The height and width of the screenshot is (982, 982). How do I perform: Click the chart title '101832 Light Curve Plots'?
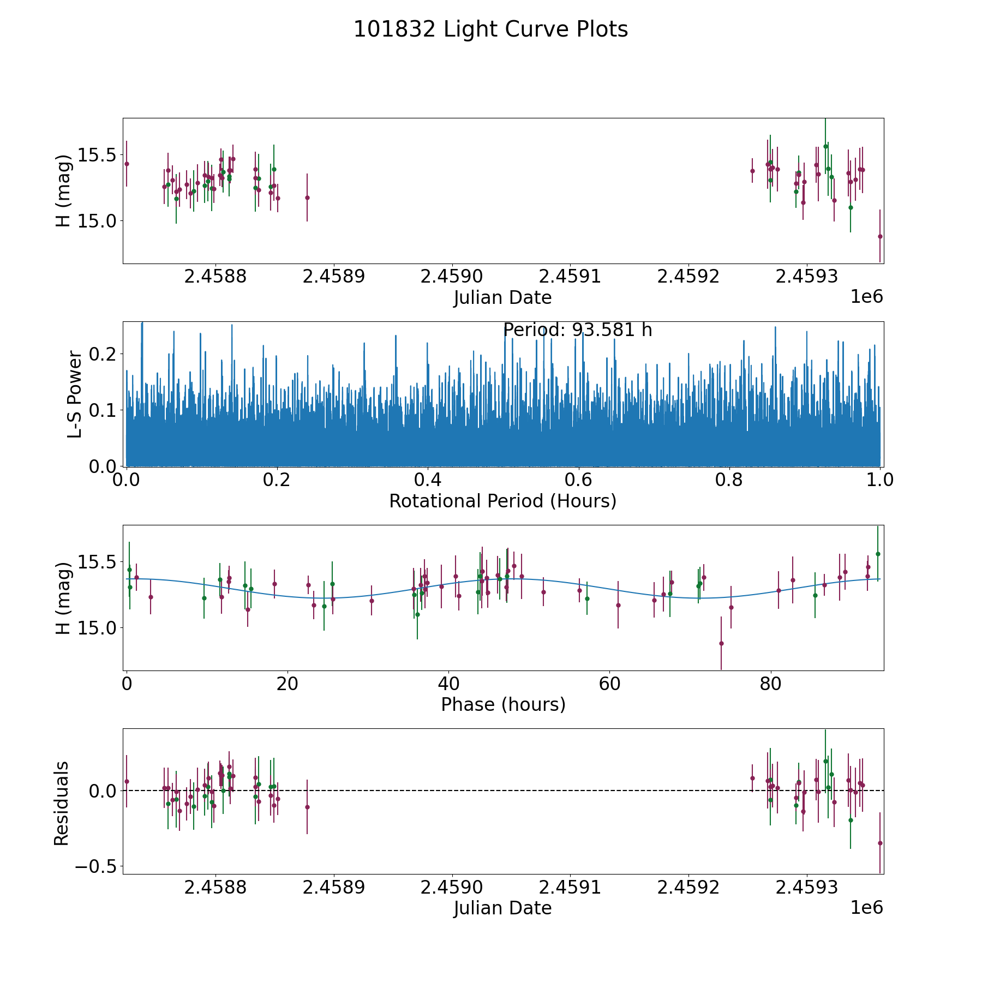point(490,29)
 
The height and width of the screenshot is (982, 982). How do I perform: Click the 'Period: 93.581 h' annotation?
point(577,330)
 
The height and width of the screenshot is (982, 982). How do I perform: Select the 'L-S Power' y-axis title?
point(75,394)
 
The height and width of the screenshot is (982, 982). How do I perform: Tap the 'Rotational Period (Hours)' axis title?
point(502,501)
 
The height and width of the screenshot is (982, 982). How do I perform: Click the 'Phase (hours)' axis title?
point(502,704)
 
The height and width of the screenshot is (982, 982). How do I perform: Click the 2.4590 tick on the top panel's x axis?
point(452,277)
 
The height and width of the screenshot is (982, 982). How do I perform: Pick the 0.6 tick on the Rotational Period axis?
point(578,480)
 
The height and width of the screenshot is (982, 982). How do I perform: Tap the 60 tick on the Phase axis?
point(609,684)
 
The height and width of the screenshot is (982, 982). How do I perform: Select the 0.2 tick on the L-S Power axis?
point(103,354)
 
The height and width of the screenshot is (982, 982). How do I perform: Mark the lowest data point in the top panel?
point(879,236)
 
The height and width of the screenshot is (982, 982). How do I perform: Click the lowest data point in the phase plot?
point(721,643)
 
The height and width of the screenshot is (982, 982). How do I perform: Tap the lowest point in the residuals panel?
point(879,843)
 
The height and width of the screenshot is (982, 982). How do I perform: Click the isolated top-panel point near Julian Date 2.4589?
point(307,197)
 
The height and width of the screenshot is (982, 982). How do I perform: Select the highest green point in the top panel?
point(825,146)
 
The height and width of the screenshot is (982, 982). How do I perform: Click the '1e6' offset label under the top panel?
point(866,297)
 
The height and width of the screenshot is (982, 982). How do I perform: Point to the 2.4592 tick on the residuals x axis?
point(688,887)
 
